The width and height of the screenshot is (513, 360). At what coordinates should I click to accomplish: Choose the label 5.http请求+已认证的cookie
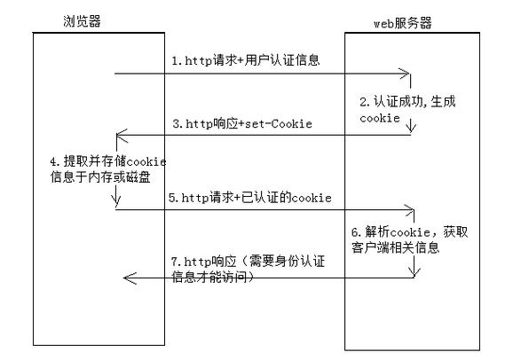click(x=251, y=198)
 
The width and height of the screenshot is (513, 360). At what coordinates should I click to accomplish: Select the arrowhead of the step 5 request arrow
click(x=409, y=210)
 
